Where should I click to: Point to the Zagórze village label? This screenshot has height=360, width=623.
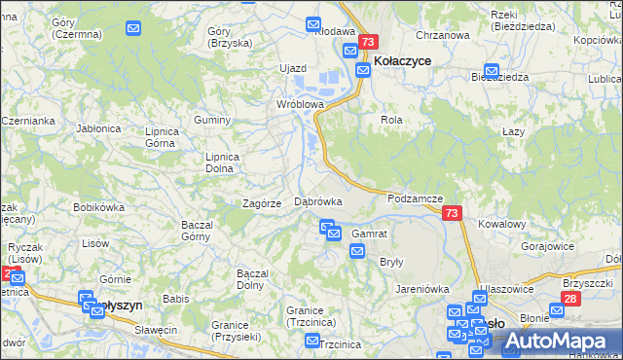(x=262, y=203)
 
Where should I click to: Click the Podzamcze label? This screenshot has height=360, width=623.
(x=416, y=198)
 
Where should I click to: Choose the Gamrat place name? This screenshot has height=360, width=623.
(x=370, y=234)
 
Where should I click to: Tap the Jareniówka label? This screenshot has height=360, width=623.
(x=421, y=289)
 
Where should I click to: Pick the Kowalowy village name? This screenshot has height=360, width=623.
(x=502, y=224)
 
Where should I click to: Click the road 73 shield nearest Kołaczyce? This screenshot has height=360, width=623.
(x=367, y=42)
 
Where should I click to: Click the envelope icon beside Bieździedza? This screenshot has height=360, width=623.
(x=492, y=72)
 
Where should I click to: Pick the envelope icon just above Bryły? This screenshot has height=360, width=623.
(x=357, y=251)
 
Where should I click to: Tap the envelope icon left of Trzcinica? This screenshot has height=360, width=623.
(x=311, y=342)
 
